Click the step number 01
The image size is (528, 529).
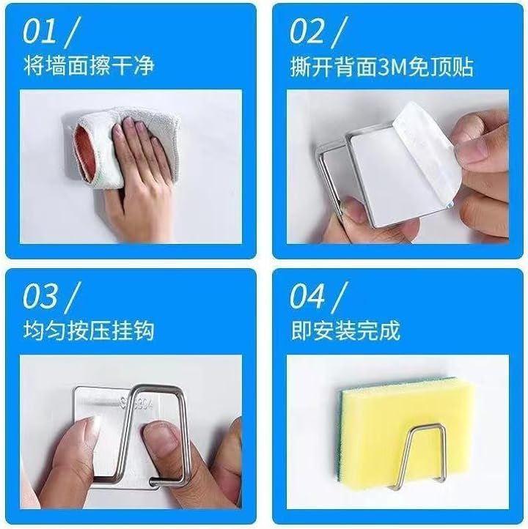tap(39, 32)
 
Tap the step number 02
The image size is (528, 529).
tap(307, 32)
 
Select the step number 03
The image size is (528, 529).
tap(40, 296)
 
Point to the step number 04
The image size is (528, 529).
tap(307, 296)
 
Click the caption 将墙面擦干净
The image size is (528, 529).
tap(89, 65)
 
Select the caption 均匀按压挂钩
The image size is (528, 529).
tap(89, 330)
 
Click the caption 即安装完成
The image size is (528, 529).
tap(345, 330)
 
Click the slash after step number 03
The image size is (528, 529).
tap(72, 297)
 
